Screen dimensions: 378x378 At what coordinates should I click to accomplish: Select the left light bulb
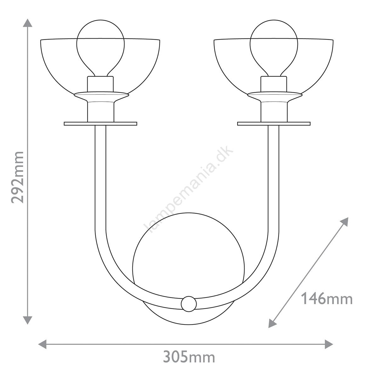[x=100, y=48]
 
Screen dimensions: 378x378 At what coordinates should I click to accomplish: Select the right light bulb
[x=274, y=48]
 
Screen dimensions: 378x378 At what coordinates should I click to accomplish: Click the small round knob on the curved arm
[x=189, y=309]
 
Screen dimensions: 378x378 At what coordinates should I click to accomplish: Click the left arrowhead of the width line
[x=42, y=344]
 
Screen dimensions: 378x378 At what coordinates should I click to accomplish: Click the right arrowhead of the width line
[x=329, y=344]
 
